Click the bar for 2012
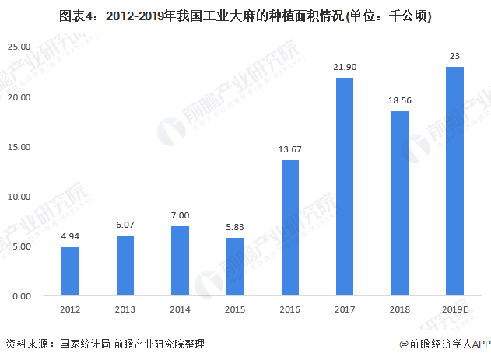pos(70,271)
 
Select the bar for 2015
pos(234,267)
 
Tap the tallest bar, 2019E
pos(454,181)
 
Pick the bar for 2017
pos(345,187)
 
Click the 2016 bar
pos(289,228)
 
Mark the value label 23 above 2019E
pos(454,56)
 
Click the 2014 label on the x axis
pos(180,309)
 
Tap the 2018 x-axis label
pos(399,309)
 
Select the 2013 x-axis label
pos(125,309)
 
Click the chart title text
pos(244,15)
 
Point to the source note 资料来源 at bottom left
pos(28,344)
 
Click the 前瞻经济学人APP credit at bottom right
pos(444,344)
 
